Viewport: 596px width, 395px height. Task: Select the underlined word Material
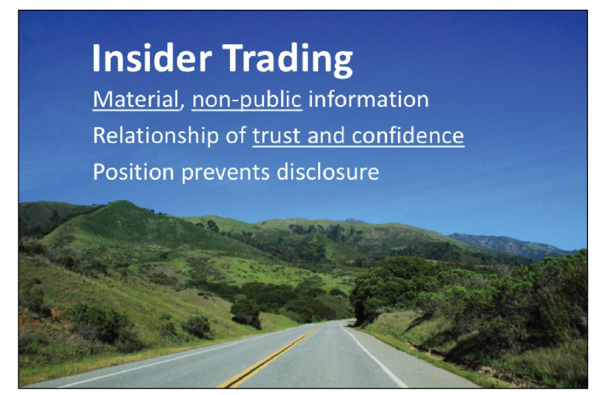point(135,99)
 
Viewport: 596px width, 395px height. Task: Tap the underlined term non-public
point(246,100)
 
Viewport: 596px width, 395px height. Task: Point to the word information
point(368,99)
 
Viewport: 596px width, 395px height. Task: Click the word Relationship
point(156,136)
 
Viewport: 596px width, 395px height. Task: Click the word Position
point(133,172)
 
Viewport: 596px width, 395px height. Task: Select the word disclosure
point(328,172)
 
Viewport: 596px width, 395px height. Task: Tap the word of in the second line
point(236,136)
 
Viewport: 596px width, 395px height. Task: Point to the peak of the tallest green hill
point(121,202)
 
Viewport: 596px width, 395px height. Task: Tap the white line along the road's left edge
point(183,357)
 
